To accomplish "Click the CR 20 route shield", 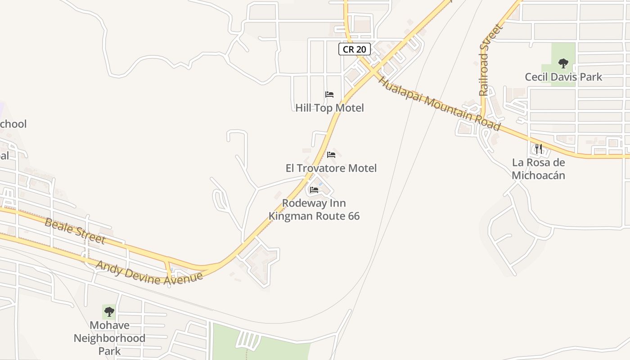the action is point(355,49).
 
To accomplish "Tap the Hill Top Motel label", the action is point(329,108).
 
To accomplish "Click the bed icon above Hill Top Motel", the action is point(329,94).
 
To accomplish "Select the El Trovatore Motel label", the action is point(331,168).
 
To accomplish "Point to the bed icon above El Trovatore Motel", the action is point(331,155).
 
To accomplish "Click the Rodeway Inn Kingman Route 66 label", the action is point(314,210).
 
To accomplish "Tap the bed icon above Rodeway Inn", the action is point(314,190).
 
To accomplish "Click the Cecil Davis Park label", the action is point(563,77).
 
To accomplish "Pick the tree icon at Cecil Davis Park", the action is point(563,63).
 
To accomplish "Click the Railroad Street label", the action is point(484,60).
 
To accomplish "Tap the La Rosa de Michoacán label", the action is point(539,169).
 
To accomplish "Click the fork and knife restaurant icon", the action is point(538,148).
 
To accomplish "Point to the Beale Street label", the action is point(75,230).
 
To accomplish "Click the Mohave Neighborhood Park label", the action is point(109,338).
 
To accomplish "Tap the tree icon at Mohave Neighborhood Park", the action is point(109,311).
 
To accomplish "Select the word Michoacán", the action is point(539,175).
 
